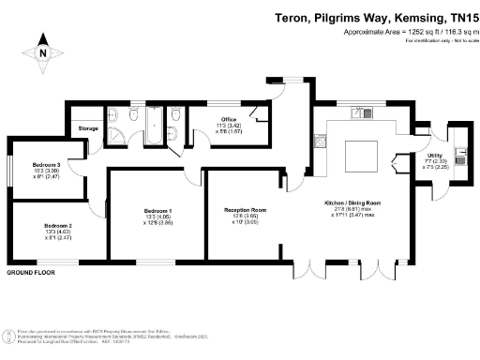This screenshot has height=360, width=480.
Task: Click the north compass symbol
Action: tap(42, 54)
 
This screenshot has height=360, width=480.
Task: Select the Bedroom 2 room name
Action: tap(58, 226)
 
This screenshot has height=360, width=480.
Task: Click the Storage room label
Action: tap(88, 128)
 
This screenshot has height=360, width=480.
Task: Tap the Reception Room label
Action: tap(246, 210)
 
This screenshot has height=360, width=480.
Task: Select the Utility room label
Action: tap(435, 156)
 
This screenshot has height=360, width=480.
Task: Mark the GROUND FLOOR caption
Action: tap(30, 272)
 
